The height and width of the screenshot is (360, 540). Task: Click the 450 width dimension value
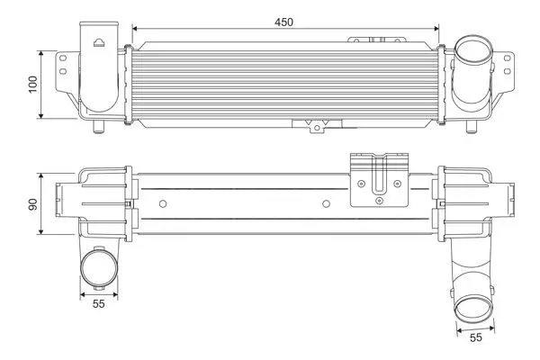283,21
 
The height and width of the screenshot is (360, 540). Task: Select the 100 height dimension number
33,84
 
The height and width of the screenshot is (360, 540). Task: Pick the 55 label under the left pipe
98,304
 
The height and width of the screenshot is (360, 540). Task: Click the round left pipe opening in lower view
98,270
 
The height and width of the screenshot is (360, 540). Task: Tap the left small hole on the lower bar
161,203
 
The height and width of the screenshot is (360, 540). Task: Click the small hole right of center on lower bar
326,203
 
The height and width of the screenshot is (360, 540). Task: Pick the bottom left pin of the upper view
100,129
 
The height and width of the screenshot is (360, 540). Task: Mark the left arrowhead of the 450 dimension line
136,31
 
